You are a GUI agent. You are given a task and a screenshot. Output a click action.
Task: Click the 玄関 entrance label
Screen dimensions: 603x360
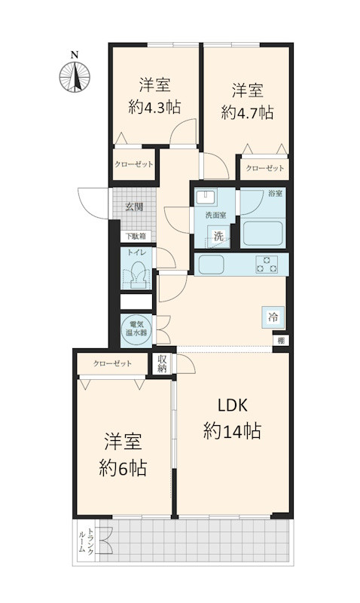pyautogui.click(x=135, y=207)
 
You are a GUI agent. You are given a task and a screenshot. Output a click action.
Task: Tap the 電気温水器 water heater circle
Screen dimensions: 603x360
pyautogui.click(x=137, y=328)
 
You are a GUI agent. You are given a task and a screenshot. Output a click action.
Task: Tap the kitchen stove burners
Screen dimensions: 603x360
pyautogui.click(x=267, y=264)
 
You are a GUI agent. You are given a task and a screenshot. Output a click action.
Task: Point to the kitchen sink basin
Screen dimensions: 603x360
pyautogui.click(x=209, y=265)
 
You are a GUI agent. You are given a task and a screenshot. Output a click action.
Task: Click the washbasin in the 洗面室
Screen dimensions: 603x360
pyautogui.click(x=205, y=198)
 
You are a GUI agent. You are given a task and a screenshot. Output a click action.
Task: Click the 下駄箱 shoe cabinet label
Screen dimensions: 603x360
pyautogui.click(x=136, y=236)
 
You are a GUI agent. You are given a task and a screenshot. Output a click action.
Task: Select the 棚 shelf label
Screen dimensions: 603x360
pyautogui.click(x=279, y=341)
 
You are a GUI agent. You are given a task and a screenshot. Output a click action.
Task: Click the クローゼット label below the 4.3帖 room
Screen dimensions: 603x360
pyautogui.click(x=134, y=164)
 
